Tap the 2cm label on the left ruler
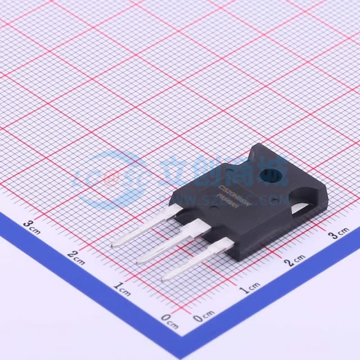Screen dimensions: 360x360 76,258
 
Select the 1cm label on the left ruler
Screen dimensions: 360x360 122,289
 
